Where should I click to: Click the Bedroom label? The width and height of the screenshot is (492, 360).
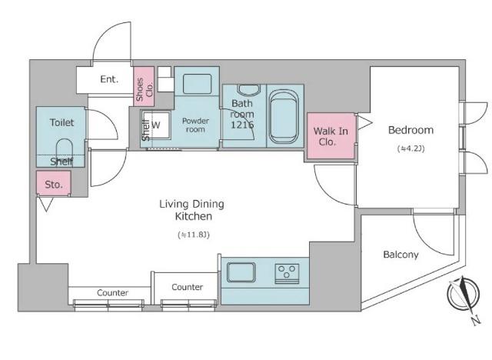[411, 130]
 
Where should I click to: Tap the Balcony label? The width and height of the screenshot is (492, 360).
[401, 255]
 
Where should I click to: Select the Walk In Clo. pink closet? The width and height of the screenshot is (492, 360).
[331, 136]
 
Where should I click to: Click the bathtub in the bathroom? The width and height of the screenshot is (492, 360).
[284, 116]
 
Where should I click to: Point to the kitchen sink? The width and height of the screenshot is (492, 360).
[241, 272]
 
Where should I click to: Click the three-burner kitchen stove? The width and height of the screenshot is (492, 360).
[287, 274]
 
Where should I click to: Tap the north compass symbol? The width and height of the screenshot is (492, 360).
[464, 297]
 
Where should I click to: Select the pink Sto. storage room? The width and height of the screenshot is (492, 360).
[53, 183]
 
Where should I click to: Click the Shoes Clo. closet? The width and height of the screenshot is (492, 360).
[144, 86]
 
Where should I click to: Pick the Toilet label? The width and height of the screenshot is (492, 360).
[61, 122]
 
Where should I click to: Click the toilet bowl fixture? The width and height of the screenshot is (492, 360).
[65, 151]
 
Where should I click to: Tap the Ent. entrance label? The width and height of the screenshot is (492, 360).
[109, 79]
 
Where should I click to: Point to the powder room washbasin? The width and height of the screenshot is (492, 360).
[197, 84]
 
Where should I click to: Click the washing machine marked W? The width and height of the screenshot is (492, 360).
[156, 125]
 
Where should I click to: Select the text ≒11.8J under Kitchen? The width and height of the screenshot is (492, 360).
[193, 235]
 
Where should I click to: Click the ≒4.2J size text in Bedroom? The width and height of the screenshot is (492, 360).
[411, 148]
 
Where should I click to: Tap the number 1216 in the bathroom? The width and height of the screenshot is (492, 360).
[242, 125]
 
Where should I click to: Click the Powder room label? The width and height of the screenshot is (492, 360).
[195, 125]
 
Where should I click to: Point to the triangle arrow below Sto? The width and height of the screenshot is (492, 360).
[46, 205]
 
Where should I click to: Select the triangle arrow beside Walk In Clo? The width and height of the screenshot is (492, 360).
[364, 122]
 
